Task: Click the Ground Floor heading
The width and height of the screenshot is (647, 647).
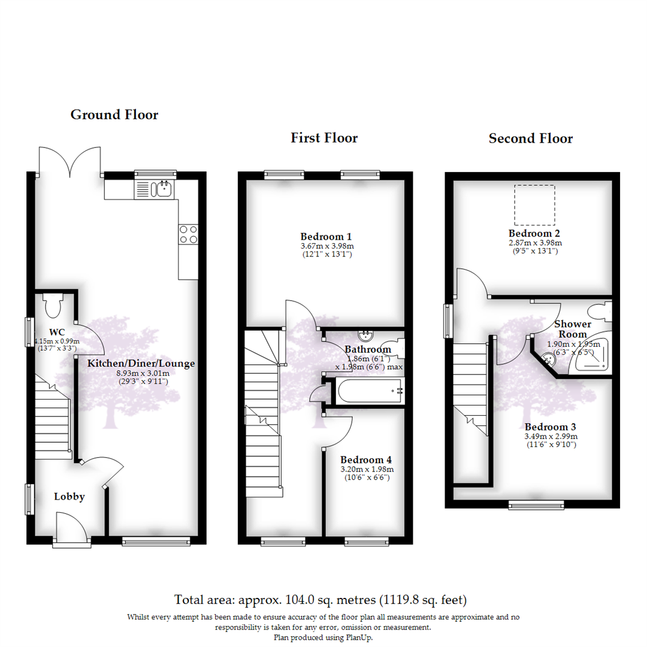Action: tap(114, 114)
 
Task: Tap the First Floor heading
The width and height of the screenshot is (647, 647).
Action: tap(324, 138)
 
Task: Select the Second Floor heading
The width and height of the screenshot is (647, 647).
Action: tap(530, 139)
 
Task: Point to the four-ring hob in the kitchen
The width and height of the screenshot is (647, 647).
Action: tap(188, 234)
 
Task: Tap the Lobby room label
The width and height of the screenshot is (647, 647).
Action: tap(69, 496)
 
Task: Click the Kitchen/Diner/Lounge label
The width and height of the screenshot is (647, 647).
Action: tap(141, 363)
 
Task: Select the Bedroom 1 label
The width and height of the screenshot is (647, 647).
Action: tap(324, 236)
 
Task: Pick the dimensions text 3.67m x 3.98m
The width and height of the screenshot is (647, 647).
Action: tap(324, 246)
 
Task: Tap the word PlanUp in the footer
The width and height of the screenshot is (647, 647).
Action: tap(358, 638)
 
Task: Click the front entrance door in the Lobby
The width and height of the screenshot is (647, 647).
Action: tap(71, 527)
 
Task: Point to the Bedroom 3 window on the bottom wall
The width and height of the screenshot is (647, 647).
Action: tap(536, 504)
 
